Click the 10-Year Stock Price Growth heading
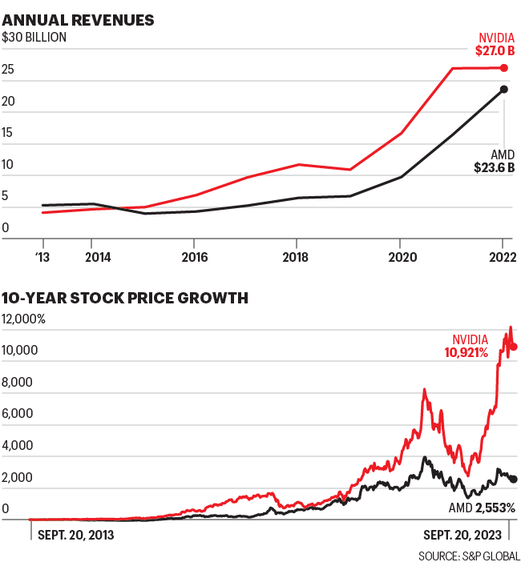click(x=125, y=299)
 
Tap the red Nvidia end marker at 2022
click(x=503, y=68)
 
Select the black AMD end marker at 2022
click(x=503, y=89)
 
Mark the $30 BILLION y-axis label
click(x=34, y=37)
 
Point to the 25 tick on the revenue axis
click(x=8, y=70)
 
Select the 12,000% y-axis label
click(x=23, y=319)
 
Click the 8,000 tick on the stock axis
click(x=17, y=383)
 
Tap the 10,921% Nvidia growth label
click(x=466, y=351)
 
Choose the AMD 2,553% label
click(x=476, y=508)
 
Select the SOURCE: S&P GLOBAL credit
click(x=469, y=556)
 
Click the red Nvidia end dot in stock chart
click(x=514, y=347)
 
